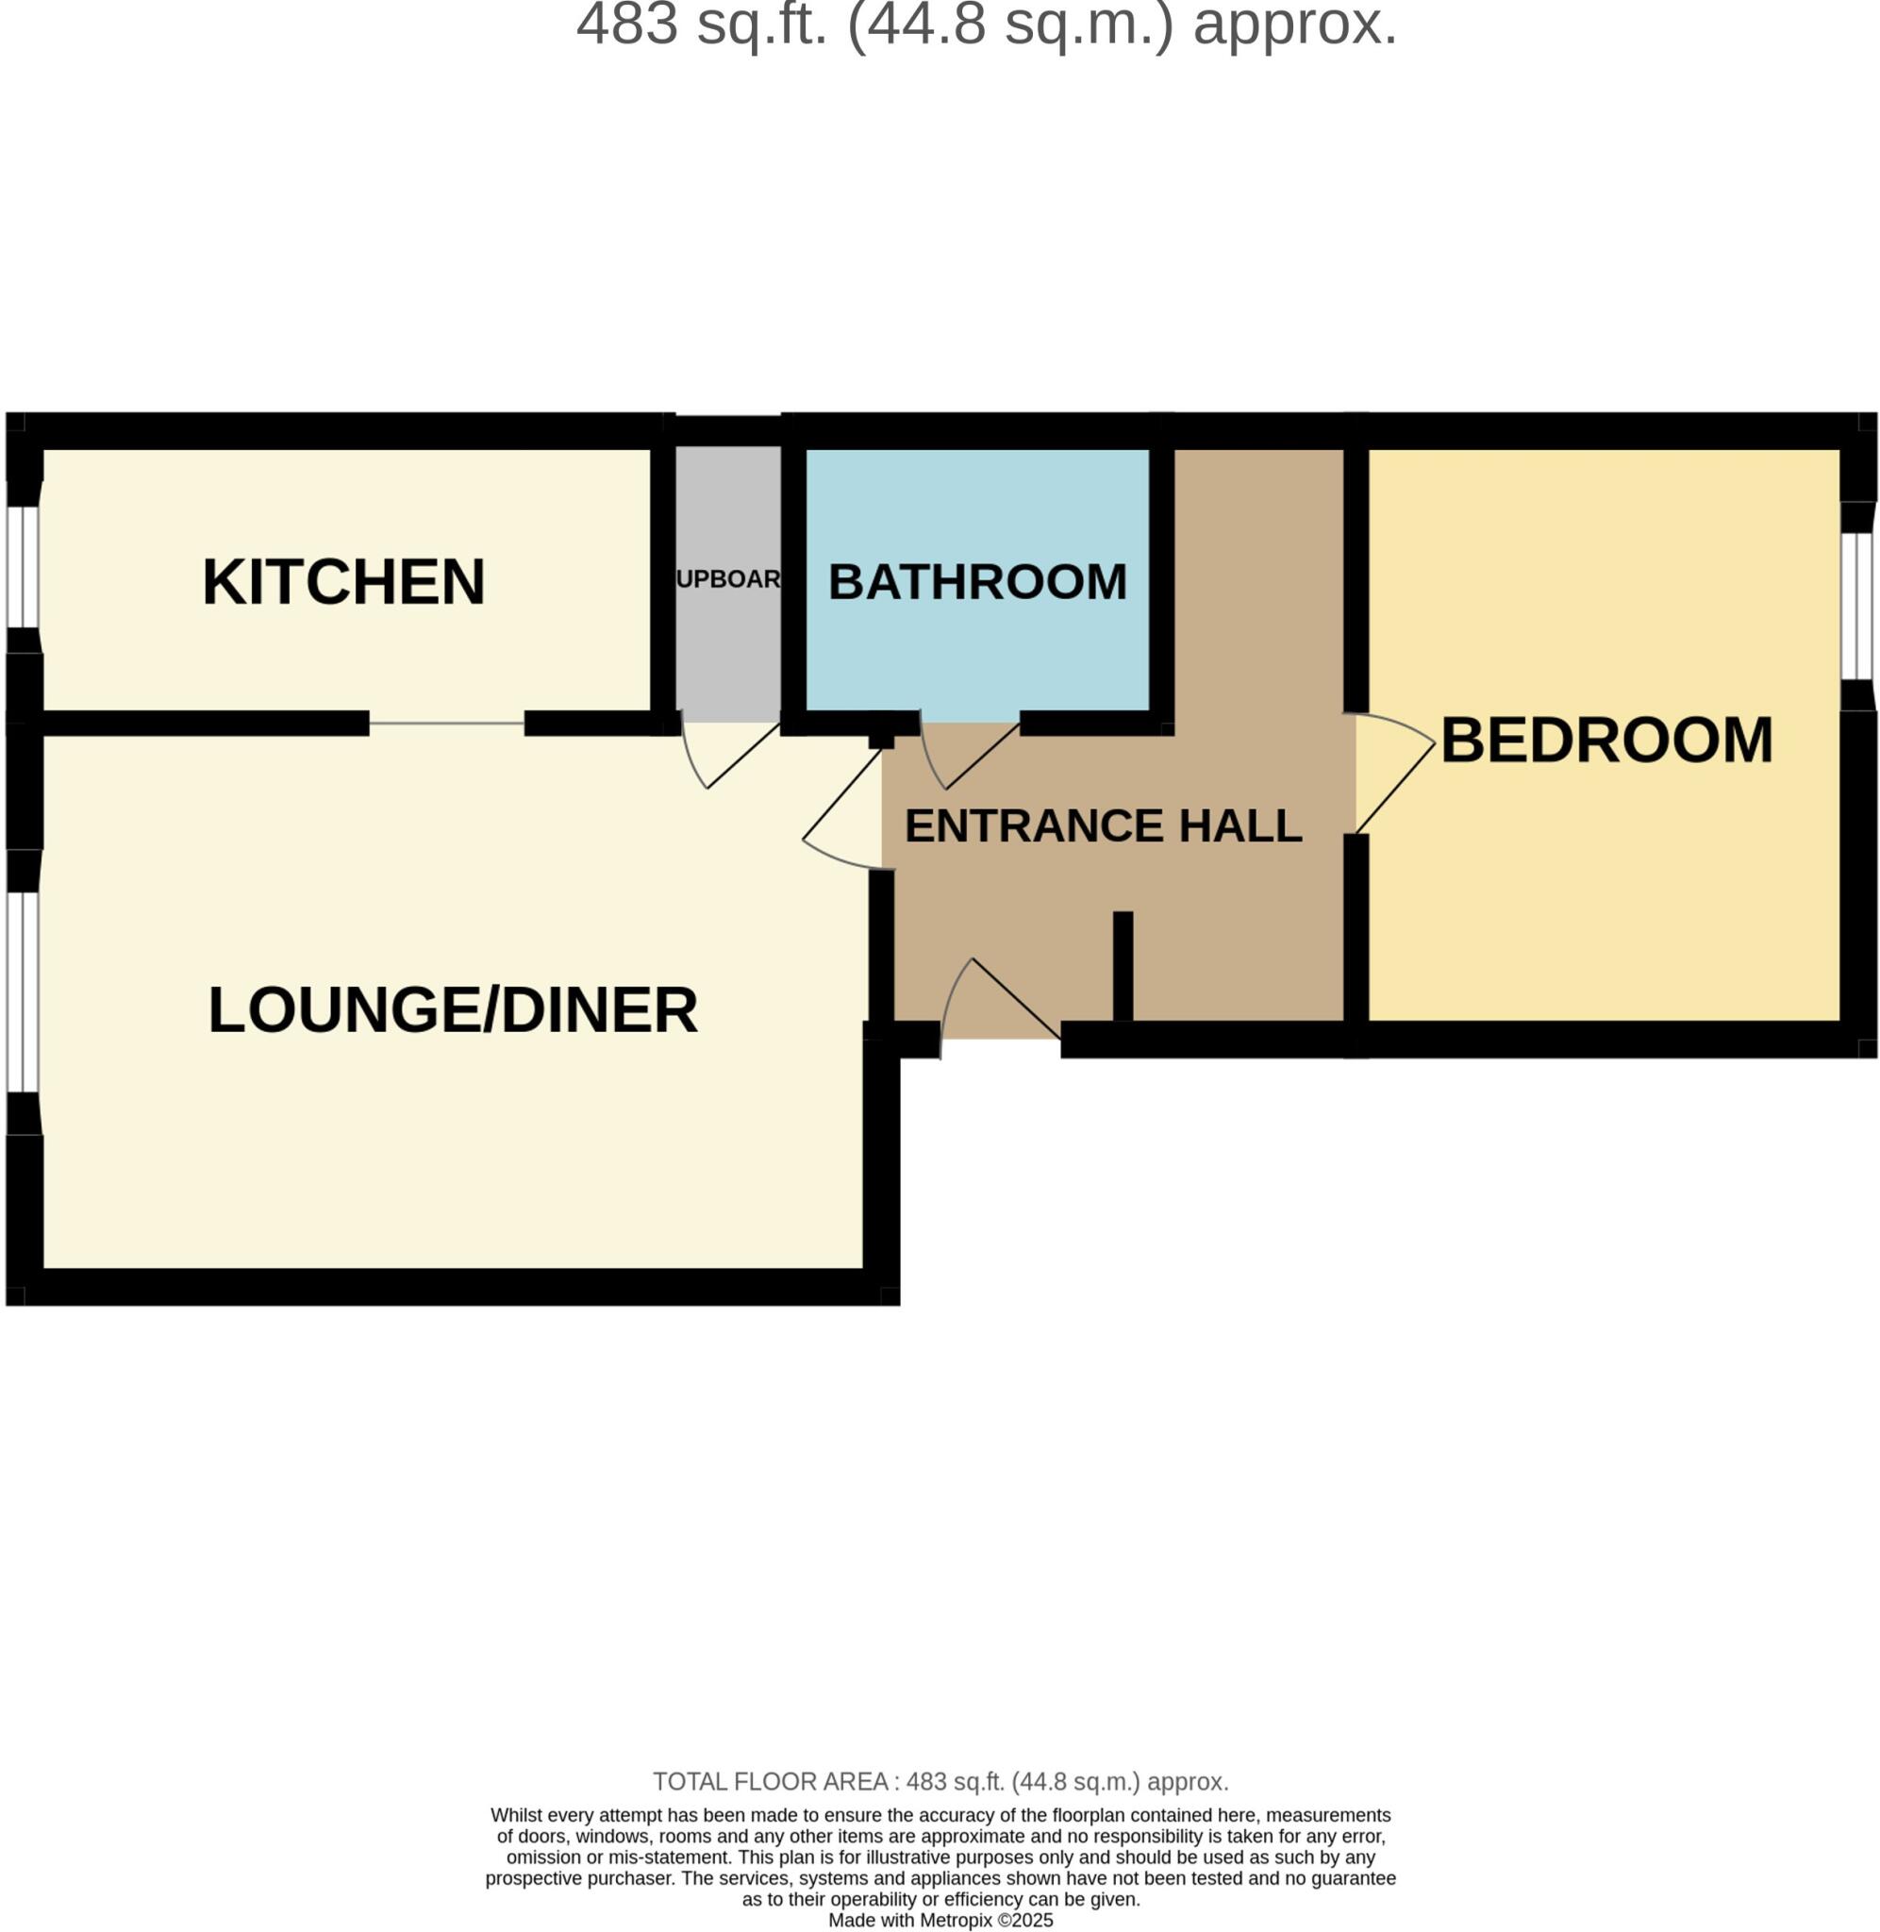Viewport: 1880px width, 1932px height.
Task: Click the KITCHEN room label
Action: click(343, 581)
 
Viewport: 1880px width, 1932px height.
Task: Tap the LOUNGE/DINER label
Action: click(453, 1010)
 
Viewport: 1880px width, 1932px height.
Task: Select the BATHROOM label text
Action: click(977, 581)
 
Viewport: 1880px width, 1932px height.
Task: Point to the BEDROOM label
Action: click(1606, 740)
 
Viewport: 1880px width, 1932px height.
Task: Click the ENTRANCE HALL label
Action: click(1103, 825)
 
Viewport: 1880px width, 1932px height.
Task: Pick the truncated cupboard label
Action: click(728, 579)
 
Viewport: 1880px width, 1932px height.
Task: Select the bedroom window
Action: click(1856, 607)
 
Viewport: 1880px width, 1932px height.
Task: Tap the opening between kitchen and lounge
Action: click(446, 724)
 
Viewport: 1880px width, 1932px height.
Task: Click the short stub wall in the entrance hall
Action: click(1123, 965)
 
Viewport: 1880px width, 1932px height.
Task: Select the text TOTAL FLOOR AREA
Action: click(770, 1782)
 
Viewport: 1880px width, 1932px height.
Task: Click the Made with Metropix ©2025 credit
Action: click(940, 1920)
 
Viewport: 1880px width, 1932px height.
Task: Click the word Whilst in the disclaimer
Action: click(516, 1814)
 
